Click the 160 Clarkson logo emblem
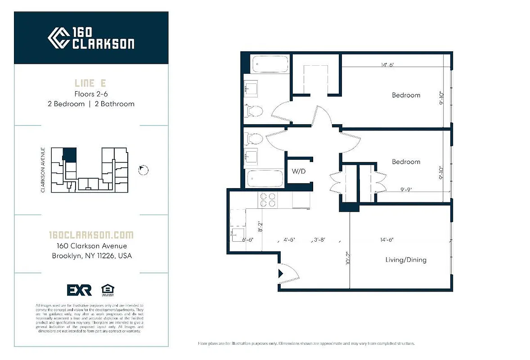58,38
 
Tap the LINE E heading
91,83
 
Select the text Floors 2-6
91,94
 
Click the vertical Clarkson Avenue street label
43,170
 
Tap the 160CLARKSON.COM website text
91,235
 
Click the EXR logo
79,290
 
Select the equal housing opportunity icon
107,290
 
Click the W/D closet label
299,171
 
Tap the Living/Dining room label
406,260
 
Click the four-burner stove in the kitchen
268,199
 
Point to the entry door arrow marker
281,273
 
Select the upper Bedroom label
406,95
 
